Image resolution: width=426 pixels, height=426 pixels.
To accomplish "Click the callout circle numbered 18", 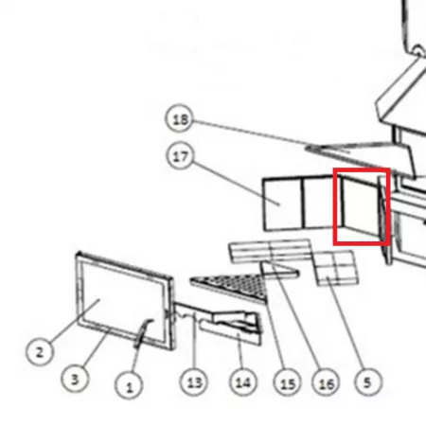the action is [179, 118].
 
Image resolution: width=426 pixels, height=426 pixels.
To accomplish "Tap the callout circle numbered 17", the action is [180, 155].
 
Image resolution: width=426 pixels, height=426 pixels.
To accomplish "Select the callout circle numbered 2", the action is [40, 352].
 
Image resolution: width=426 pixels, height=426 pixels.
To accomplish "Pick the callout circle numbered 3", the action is [75, 379].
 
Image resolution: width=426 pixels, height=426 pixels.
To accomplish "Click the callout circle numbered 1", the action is [129, 385].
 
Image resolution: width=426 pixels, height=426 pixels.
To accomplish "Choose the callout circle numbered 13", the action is [194, 382].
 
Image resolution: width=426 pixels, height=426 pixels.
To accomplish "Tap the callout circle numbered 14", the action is [243, 382].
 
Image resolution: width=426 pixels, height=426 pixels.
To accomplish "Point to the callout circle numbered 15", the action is [287, 382].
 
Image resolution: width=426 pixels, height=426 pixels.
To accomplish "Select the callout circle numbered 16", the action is [326, 382].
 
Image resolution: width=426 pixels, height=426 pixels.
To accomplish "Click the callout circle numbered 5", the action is [367, 382].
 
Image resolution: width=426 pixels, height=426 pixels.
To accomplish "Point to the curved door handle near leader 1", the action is [143, 333].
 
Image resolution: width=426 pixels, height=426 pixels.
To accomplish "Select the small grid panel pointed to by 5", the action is [336, 268].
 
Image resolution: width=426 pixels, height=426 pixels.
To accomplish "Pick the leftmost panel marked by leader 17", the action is [283, 204].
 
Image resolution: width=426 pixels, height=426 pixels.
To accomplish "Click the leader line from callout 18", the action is [271, 135].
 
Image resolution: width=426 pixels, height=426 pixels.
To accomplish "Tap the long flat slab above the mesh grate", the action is [271, 251].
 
